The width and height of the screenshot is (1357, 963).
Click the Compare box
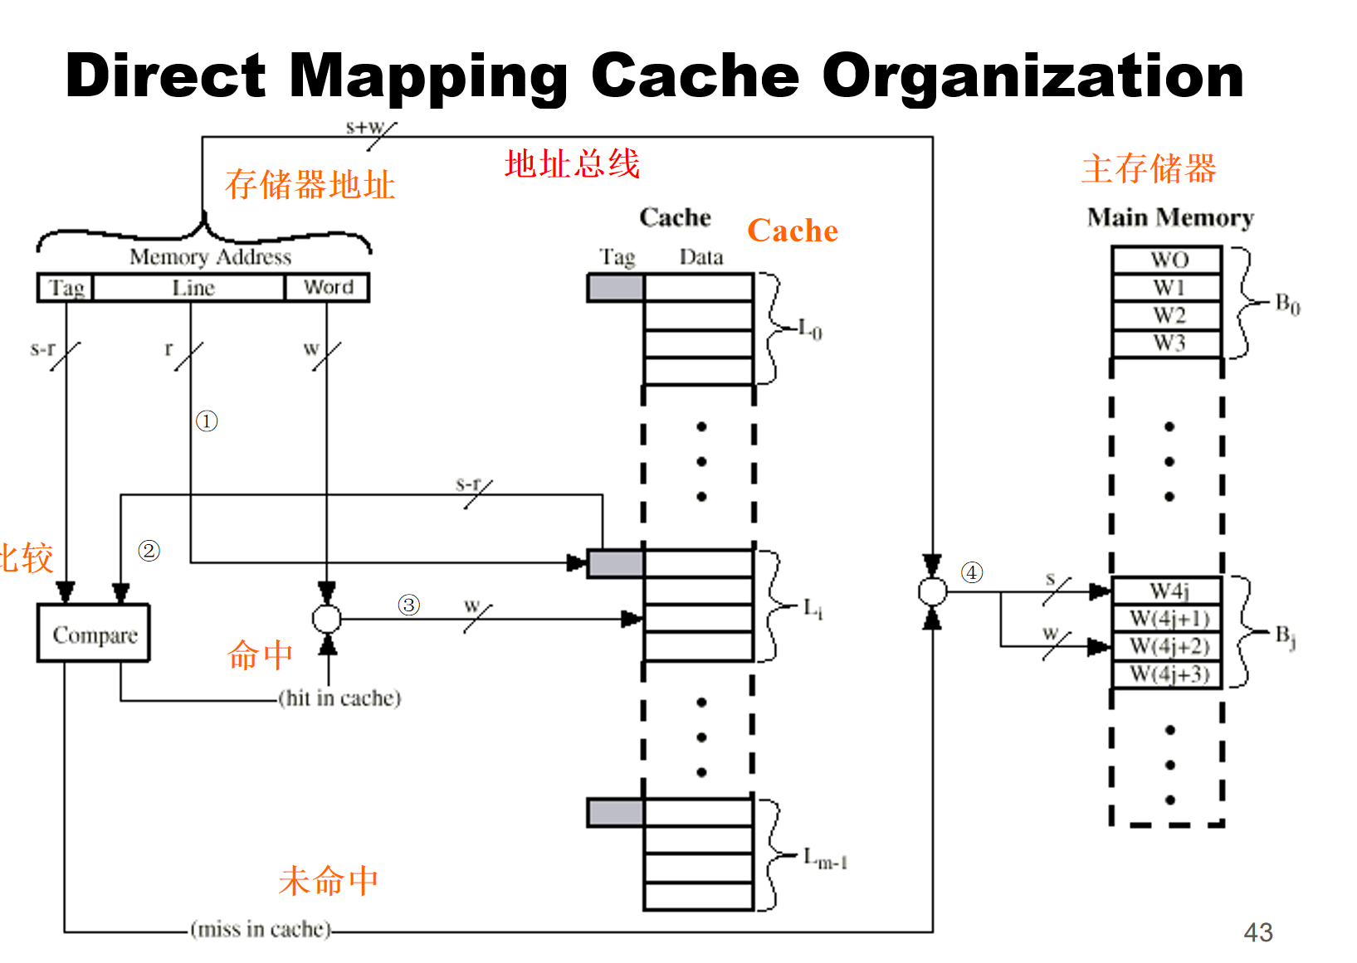[x=94, y=634]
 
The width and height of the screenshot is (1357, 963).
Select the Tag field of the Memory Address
[x=66, y=288]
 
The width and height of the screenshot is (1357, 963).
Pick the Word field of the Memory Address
[x=328, y=288]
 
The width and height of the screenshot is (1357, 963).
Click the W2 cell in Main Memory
[x=1167, y=316]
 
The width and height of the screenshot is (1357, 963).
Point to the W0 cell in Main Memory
[x=1167, y=260]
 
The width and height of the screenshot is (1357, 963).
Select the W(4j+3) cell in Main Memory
[x=1168, y=674]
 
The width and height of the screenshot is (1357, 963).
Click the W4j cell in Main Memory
[x=1168, y=591]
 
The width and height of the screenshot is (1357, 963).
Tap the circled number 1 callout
[x=207, y=421]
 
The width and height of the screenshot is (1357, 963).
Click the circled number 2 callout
[x=149, y=551]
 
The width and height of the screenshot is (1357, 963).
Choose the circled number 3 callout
[x=408, y=605]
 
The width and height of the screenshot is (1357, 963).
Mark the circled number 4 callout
[x=972, y=572]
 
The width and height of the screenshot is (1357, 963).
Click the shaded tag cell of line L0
[x=615, y=288]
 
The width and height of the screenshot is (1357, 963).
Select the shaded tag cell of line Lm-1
[x=615, y=813]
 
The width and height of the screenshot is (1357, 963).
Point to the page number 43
[x=1257, y=932]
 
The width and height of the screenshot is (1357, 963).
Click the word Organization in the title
[x=1032, y=76]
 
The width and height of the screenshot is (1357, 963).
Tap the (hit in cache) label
[x=339, y=698]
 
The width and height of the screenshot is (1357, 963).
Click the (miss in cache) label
[x=261, y=929]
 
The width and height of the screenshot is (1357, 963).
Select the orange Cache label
[x=793, y=231]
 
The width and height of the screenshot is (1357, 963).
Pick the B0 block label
[x=1287, y=304]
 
